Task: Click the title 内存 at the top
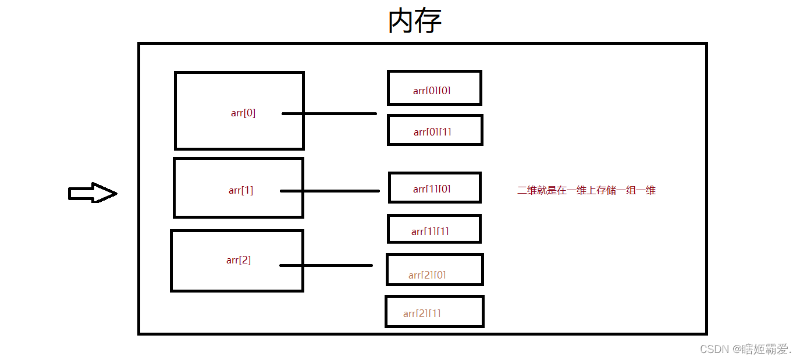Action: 415,21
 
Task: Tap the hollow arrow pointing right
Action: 93,193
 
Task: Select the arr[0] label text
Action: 243,113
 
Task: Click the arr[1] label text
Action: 241,190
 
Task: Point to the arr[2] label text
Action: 239,260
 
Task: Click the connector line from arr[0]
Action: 329,113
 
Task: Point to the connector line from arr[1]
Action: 330,191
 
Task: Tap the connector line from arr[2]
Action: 326,265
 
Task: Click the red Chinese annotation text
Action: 586,190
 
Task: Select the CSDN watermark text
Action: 745,349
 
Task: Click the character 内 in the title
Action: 401,21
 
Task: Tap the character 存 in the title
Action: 428,21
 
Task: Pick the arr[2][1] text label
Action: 422,313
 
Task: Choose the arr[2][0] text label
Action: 427,275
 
